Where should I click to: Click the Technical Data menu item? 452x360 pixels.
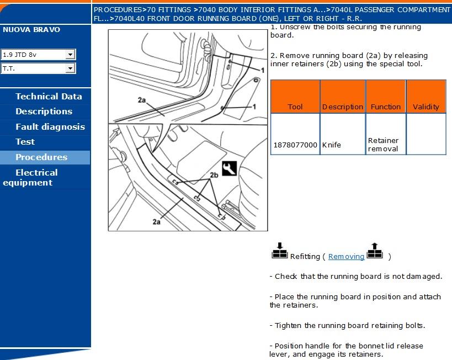point(49,96)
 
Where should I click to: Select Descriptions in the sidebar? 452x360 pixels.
point(44,112)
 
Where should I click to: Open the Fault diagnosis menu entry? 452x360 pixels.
point(50,127)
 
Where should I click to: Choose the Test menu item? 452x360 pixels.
point(25,142)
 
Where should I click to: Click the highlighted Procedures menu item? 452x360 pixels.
point(41,157)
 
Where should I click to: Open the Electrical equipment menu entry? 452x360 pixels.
point(36,177)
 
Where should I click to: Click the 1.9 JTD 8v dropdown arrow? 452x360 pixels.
point(70,54)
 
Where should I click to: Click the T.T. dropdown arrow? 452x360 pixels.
point(70,68)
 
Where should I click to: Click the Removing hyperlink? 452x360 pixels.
point(346,256)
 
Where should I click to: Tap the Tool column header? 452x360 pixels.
point(295,107)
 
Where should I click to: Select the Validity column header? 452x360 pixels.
point(426,107)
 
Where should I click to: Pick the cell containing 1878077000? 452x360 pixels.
point(295,145)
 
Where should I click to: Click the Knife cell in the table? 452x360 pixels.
point(332,145)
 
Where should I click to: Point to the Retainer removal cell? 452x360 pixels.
point(384,145)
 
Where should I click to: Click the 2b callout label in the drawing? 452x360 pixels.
point(214,174)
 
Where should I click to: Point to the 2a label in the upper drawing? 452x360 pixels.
point(142,100)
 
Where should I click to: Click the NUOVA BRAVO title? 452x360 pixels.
point(31,29)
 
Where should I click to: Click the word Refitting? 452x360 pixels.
point(305,256)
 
